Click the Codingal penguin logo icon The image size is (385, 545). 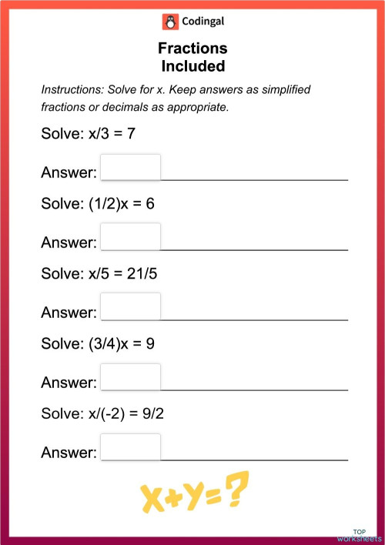tap(169, 22)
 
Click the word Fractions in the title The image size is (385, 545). tap(192, 49)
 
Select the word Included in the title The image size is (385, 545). tap(192, 65)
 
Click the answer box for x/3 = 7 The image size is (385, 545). tap(131, 167)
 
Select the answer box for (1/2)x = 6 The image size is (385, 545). tap(131, 237)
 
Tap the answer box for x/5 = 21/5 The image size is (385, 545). tap(131, 306)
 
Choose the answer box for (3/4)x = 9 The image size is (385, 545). tap(131, 377)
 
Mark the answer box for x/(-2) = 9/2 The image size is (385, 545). tap(131, 447)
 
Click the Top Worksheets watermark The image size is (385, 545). tap(359, 535)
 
